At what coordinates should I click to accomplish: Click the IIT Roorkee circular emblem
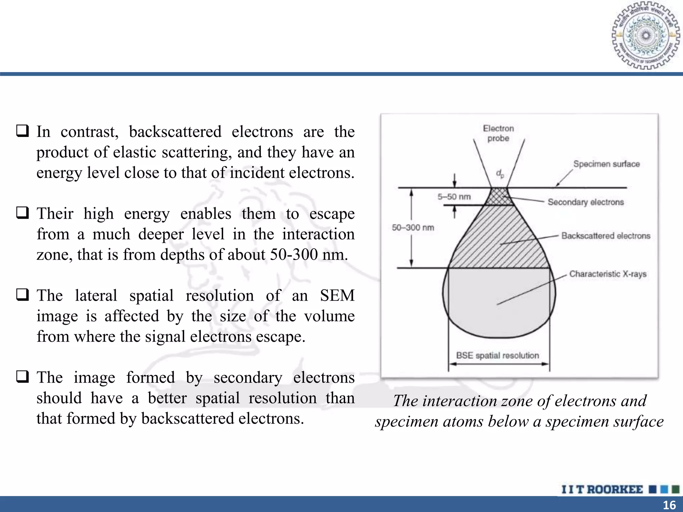(x=646, y=36)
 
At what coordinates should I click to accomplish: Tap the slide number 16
(x=669, y=505)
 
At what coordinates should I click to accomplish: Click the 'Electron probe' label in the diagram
(x=498, y=133)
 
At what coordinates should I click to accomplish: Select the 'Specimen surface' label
(x=606, y=164)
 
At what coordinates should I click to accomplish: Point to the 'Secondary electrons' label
(x=586, y=202)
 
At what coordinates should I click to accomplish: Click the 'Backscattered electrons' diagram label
(x=606, y=236)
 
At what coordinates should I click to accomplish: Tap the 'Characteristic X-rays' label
(x=608, y=274)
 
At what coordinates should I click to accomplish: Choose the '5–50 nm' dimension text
(x=454, y=197)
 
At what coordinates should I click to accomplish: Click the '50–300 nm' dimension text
(x=413, y=228)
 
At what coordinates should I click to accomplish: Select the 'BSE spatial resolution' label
(x=497, y=355)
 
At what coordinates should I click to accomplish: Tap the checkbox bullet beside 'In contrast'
(x=22, y=131)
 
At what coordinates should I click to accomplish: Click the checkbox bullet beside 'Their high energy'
(x=22, y=212)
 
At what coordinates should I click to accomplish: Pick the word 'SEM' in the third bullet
(x=337, y=295)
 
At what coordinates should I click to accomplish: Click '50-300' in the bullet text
(x=294, y=255)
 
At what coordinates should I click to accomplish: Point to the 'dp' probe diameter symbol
(x=500, y=174)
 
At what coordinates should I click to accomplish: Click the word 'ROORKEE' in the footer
(x=615, y=489)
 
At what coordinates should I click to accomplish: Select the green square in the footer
(x=675, y=489)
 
